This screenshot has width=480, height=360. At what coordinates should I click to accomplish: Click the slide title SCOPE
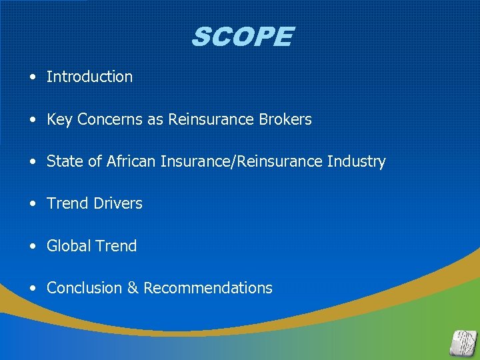pyautogui.click(x=241, y=37)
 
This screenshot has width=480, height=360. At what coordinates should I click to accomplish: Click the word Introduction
pyautogui.click(x=89, y=77)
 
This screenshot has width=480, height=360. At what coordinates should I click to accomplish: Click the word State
pyautogui.click(x=63, y=162)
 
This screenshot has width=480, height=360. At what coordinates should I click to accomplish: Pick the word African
pyautogui.click(x=131, y=162)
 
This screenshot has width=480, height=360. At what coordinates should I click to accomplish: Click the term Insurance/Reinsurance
pyautogui.click(x=242, y=162)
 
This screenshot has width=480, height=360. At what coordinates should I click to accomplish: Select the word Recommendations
pyautogui.click(x=208, y=288)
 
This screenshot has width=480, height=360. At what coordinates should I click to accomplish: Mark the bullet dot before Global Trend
pyautogui.click(x=33, y=247)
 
